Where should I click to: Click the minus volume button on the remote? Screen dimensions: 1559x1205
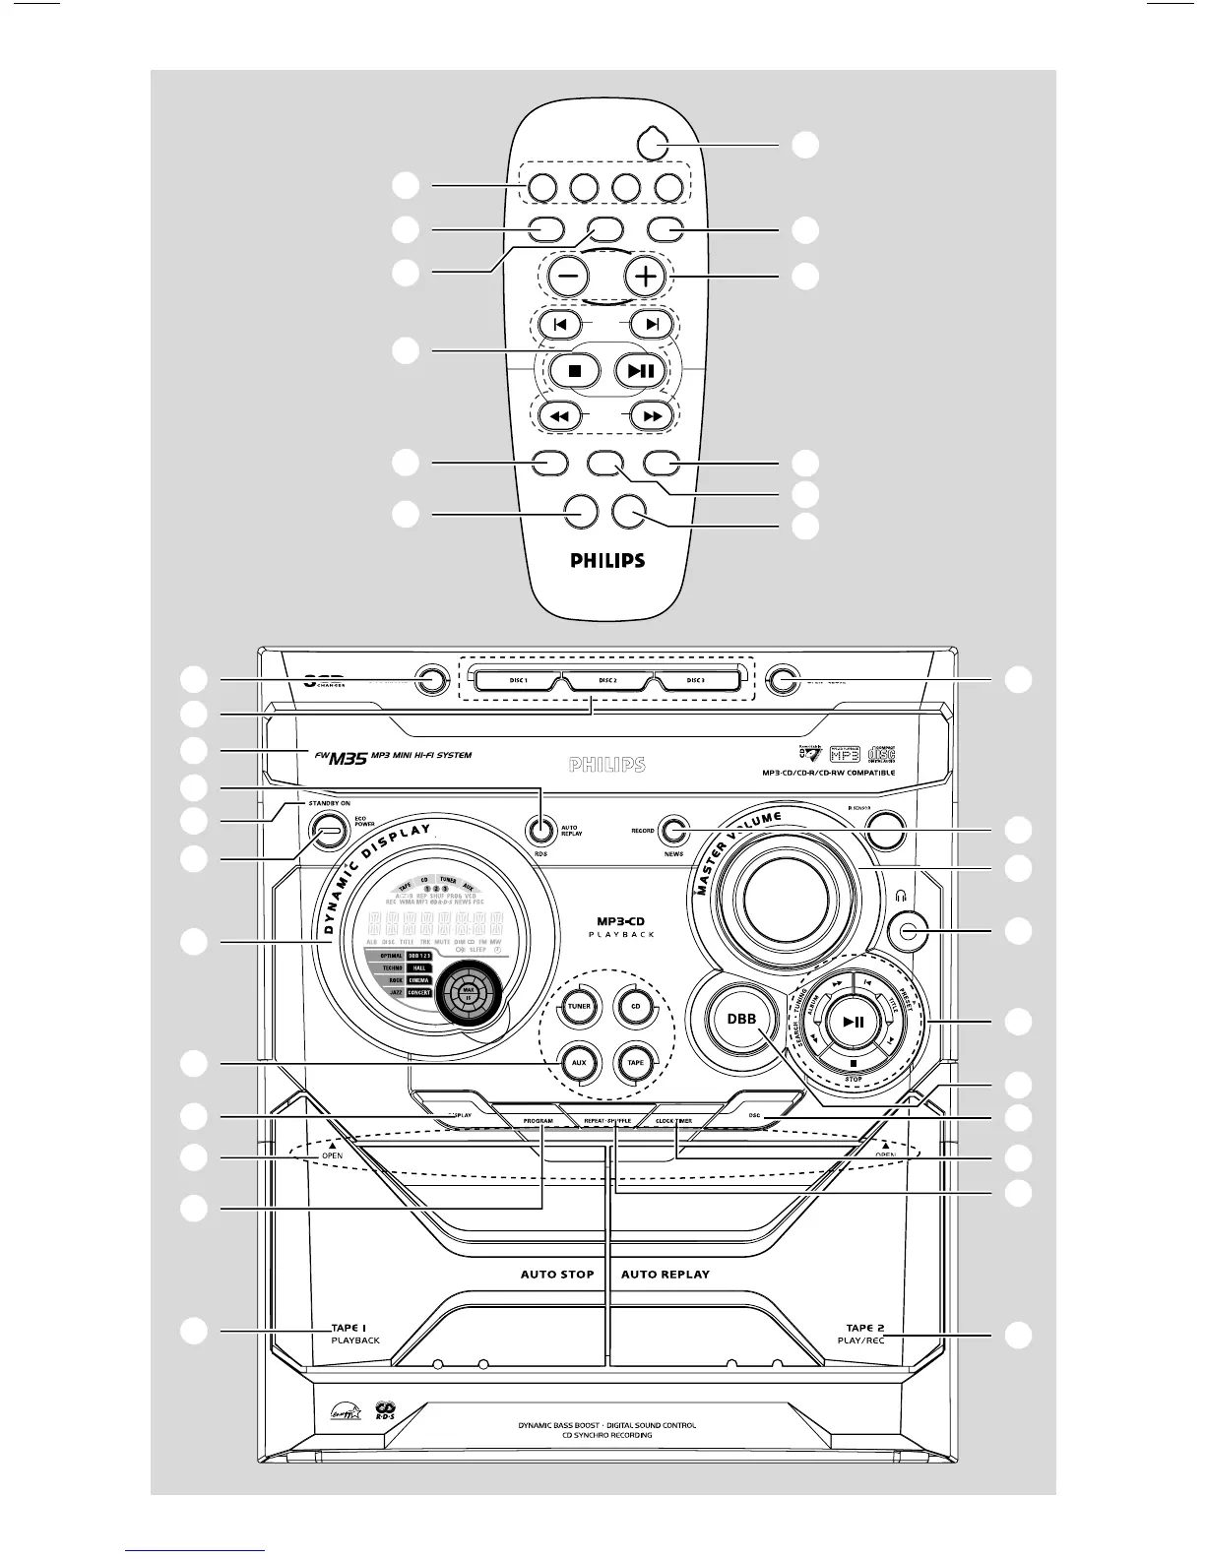569,277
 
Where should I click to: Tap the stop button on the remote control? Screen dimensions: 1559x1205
576,371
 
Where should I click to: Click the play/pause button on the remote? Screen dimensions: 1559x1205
641,371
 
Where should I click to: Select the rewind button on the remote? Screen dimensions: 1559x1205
558,416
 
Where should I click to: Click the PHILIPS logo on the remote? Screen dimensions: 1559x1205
607,561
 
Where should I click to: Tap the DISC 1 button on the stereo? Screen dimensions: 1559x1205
518,680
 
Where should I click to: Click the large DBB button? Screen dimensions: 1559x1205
741,1020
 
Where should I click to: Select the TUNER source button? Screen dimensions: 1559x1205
579,1006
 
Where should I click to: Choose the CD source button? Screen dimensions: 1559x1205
635,1006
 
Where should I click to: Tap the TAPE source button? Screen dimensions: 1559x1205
635,1062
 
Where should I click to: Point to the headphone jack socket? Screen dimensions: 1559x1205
908,930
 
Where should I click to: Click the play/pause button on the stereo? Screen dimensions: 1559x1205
854,1022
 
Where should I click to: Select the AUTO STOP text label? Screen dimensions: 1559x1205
557,1274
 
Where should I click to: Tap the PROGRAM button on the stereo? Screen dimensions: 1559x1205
538,1121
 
